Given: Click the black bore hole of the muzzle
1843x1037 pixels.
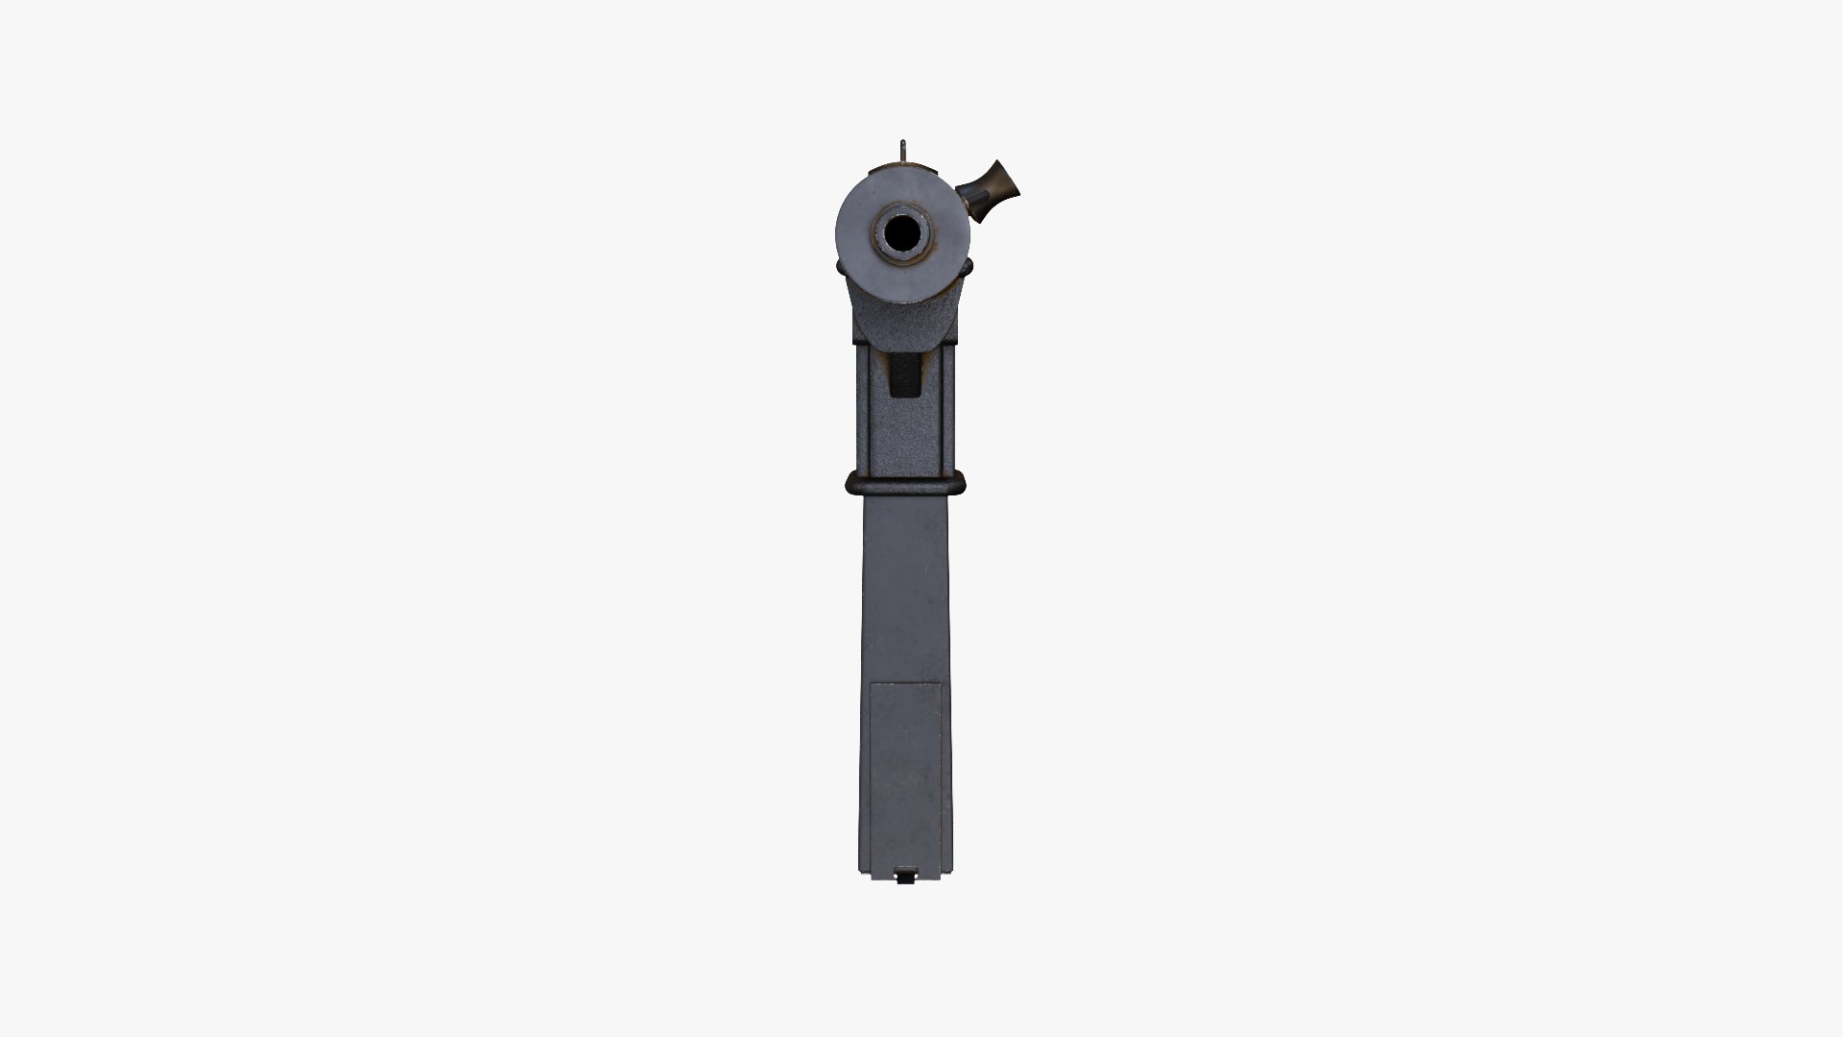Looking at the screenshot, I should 901,232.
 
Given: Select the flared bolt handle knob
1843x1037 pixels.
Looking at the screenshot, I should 998,187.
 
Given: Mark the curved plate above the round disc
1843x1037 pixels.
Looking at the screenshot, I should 903,170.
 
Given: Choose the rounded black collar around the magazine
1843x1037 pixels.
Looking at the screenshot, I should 905,483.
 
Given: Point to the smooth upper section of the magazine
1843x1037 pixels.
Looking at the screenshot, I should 905,586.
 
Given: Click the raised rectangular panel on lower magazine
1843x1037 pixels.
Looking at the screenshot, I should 905,768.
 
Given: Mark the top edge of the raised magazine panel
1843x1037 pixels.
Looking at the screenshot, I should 905,683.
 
